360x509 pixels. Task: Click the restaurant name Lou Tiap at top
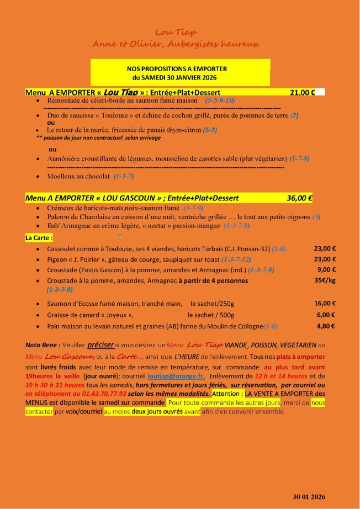(x=176, y=33)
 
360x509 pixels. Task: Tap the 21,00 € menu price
(x=302, y=92)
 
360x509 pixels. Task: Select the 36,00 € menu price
(x=299, y=198)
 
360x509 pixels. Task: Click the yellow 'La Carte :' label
(x=39, y=238)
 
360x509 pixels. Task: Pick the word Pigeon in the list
(x=57, y=259)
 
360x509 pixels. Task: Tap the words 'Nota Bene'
(x=41, y=345)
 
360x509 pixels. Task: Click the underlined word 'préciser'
(x=100, y=344)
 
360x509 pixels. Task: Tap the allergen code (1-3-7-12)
(x=236, y=259)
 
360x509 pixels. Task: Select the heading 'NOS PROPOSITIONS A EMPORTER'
(x=177, y=68)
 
